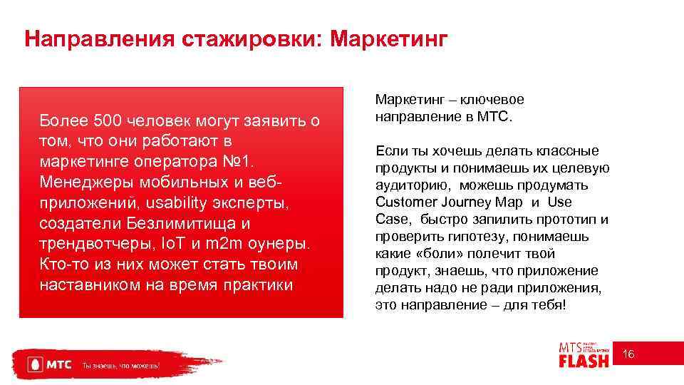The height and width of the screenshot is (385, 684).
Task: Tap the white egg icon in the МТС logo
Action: pos(33,364)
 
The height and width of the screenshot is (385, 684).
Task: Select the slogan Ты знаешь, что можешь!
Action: pos(121,365)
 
